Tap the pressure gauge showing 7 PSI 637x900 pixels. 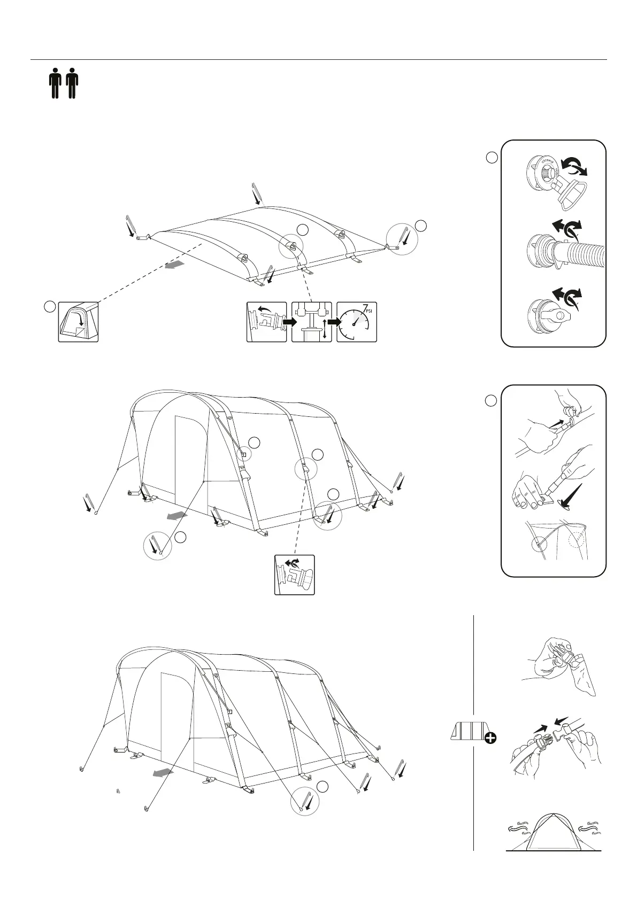pyautogui.click(x=357, y=322)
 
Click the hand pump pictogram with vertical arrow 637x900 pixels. pyautogui.click(x=312, y=322)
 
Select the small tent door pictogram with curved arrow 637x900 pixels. pyautogui.click(x=78, y=322)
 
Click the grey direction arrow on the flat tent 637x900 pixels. pyautogui.click(x=175, y=265)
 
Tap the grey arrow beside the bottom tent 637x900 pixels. pyautogui.click(x=162, y=773)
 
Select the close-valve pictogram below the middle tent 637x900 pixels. pyautogui.click(x=294, y=575)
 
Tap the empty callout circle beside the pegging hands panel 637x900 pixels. pyautogui.click(x=491, y=400)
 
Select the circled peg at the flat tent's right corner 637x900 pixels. pyautogui.click(x=402, y=239)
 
